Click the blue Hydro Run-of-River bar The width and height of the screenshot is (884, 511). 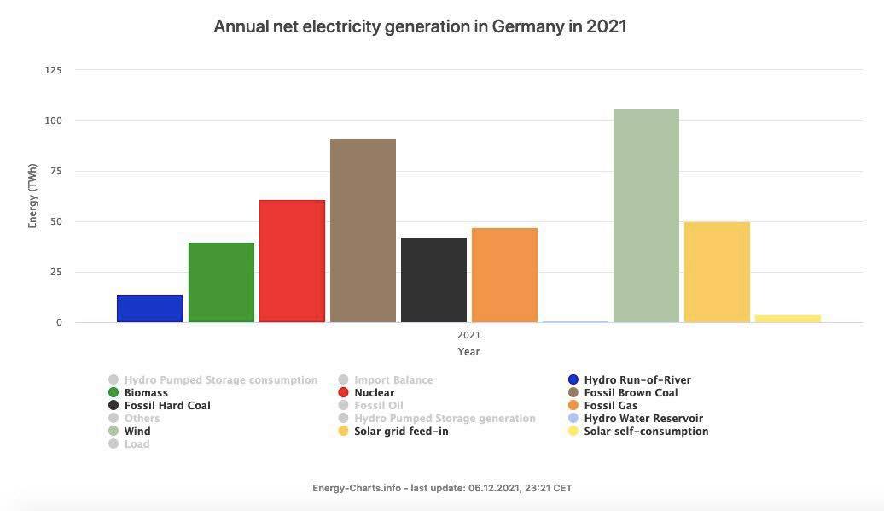tap(149, 308)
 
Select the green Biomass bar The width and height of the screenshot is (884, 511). tap(221, 283)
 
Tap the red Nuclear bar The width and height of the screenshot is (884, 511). tap(292, 261)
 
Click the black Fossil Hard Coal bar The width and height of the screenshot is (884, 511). tap(433, 280)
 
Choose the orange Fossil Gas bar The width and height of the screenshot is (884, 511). tap(504, 275)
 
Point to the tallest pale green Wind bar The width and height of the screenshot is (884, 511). tap(646, 215)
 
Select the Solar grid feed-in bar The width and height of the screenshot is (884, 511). tap(717, 272)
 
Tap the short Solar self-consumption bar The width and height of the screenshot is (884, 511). tap(788, 319)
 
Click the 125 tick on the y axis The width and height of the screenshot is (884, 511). tap(53, 70)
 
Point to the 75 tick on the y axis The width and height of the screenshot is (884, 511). tap(55, 171)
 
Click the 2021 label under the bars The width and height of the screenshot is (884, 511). tap(468, 335)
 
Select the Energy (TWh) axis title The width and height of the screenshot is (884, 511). tap(33, 197)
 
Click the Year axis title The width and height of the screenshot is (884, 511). tap(468, 351)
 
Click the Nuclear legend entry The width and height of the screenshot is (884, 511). tap(374, 393)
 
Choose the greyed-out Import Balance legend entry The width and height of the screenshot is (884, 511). tap(393, 380)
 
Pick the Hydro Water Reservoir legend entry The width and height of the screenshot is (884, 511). tap(643, 419)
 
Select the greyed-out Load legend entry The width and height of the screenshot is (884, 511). tap(137, 444)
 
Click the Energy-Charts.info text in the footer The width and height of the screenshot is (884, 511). tap(357, 488)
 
